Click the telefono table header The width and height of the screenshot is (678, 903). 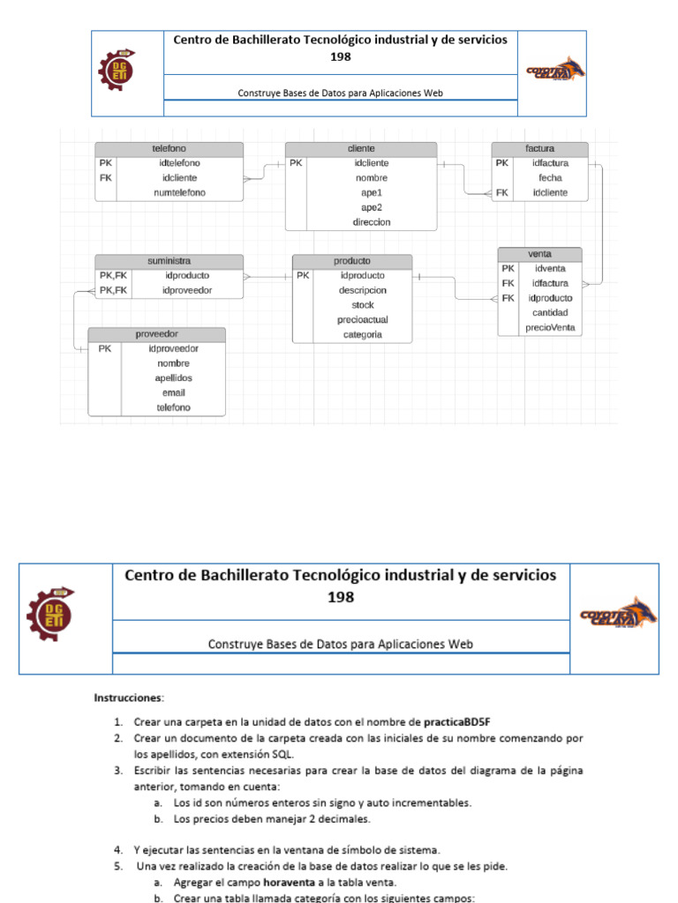[169, 148]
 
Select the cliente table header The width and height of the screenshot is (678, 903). [361, 148]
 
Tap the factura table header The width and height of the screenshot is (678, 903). [539, 148]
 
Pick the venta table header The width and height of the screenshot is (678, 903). [539, 254]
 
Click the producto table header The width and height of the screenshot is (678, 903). [351, 261]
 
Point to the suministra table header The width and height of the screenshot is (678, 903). [169, 261]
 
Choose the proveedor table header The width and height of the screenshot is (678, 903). [156, 334]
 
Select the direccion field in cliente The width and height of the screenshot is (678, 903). [372, 222]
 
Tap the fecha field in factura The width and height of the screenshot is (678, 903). [550, 178]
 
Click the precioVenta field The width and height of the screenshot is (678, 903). [550, 327]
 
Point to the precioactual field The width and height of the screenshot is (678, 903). [363, 320]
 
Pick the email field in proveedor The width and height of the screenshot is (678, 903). [173, 392]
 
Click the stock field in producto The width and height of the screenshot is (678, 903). [363, 305]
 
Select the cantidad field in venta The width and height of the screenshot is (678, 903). [550, 312]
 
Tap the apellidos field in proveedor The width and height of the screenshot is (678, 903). [173, 377]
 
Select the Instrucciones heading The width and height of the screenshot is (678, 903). [129, 698]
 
